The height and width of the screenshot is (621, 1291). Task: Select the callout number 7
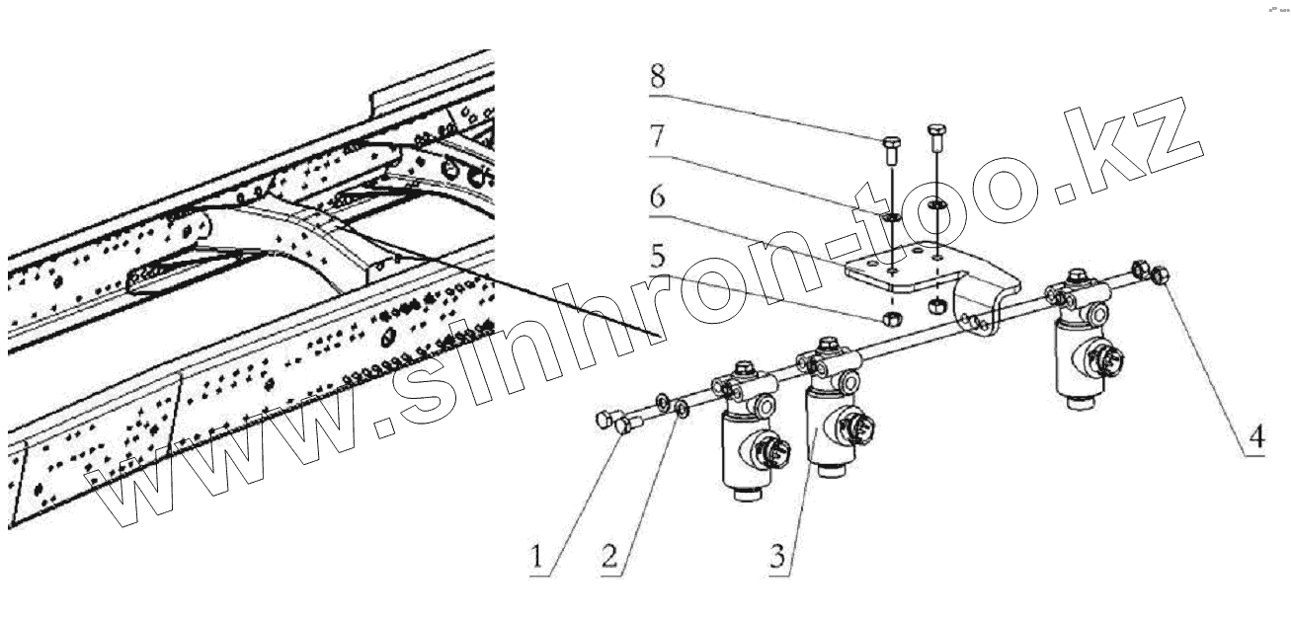pyautogui.click(x=658, y=138)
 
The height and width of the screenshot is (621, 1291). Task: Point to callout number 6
pyautogui.click(x=658, y=196)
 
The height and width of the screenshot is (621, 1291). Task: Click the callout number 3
pyautogui.click(x=778, y=555)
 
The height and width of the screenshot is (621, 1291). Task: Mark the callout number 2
pyautogui.click(x=610, y=555)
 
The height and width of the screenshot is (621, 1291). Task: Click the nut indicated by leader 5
pyautogui.click(x=888, y=318)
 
